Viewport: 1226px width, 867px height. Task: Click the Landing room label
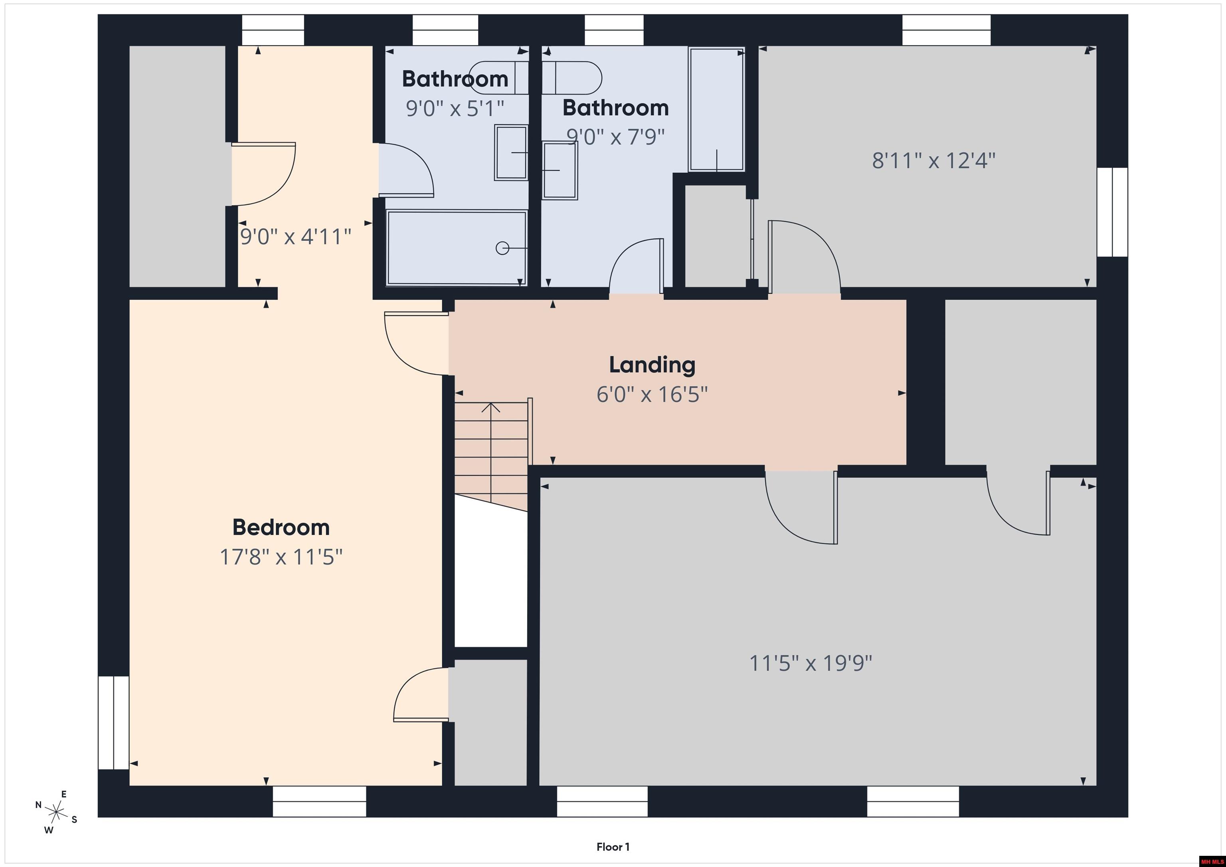pyautogui.click(x=652, y=365)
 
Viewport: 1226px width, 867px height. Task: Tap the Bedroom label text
pyautogui.click(x=281, y=527)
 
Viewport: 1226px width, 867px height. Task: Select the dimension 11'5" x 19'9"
pyautogui.click(x=811, y=664)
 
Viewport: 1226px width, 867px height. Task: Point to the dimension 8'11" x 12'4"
pyautogui.click(x=933, y=160)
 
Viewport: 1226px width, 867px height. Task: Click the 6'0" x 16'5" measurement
pyautogui.click(x=652, y=395)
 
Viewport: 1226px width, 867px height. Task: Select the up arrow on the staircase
pyautogui.click(x=491, y=407)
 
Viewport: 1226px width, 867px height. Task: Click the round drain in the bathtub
pyautogui.click(x=502, y=248)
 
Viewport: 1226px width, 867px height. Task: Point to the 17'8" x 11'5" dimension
pyautogui.click(x=281, y=557)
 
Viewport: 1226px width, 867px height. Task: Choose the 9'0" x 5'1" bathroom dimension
pyautogui.click(x=455, y=109)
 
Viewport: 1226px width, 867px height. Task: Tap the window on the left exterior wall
pyautogui.click(x=113, y=723)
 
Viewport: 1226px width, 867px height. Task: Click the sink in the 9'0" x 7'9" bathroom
pyautogui.click(x=560, y=170)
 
